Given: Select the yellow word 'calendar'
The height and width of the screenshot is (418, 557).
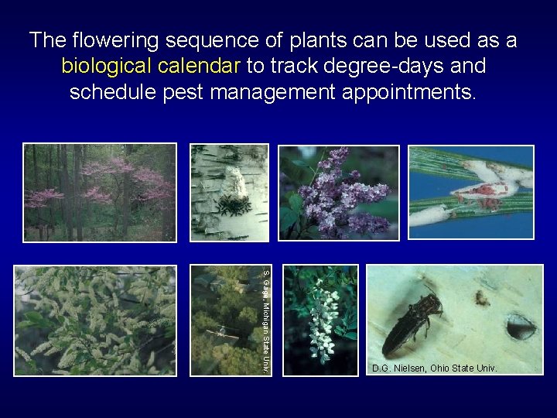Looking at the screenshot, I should point(204,67).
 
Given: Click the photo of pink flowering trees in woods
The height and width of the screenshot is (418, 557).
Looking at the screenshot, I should point(100,192).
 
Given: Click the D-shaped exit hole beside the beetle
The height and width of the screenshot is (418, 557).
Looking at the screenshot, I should point(520,327).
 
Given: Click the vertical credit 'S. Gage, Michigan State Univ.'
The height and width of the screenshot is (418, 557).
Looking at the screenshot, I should point(265,320).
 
